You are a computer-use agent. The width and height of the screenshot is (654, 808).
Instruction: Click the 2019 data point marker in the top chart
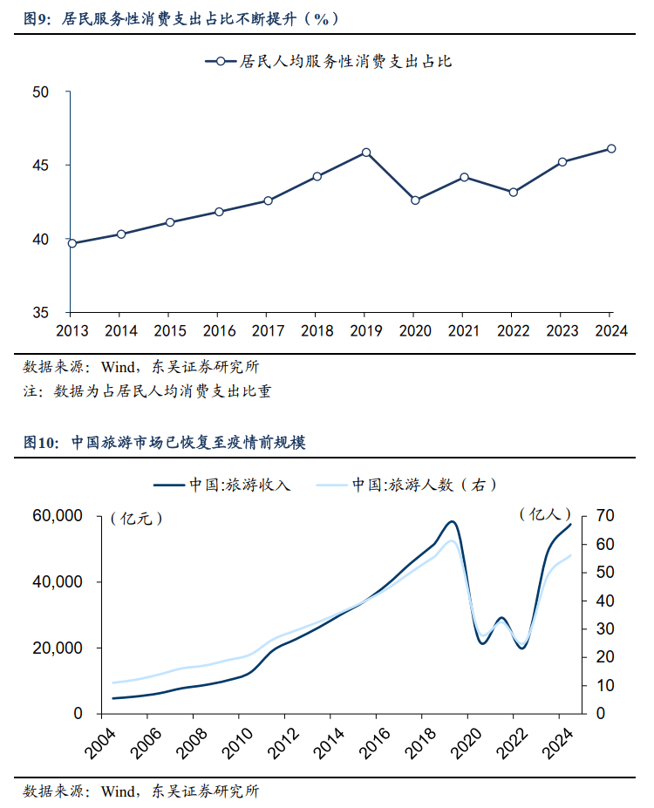point(366,153)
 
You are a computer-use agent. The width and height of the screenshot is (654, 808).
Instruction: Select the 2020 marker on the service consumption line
point(415,200)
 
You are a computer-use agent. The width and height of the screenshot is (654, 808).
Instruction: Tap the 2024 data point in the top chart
point(611,149)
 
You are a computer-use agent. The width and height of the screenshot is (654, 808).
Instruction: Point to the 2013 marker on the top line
point(72,243)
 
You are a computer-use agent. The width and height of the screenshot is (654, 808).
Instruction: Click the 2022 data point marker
point(513,192)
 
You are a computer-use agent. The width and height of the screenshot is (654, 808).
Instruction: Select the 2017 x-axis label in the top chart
point(268,331)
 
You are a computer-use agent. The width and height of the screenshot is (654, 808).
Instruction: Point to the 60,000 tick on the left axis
point(58,516)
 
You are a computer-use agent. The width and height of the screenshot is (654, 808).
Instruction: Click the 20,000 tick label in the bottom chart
point(58,648)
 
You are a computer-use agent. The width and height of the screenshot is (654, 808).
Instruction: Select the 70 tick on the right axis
point(604,516)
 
